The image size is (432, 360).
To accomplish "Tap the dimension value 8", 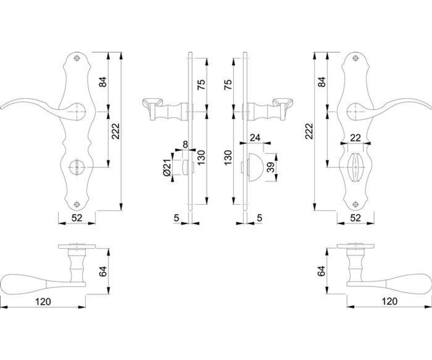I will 185,144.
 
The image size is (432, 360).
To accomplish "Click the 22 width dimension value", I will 356,137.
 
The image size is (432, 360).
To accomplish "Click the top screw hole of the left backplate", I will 77,59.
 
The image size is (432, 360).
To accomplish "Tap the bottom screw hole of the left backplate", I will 77,204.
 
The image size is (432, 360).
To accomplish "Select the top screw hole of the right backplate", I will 356,59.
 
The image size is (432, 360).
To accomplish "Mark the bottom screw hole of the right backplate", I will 356,204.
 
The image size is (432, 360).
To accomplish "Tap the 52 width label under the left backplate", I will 77,217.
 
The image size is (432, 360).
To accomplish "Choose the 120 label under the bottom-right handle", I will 390,301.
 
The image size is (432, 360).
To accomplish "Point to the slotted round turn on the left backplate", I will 77,167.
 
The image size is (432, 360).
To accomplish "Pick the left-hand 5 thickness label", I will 176,217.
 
